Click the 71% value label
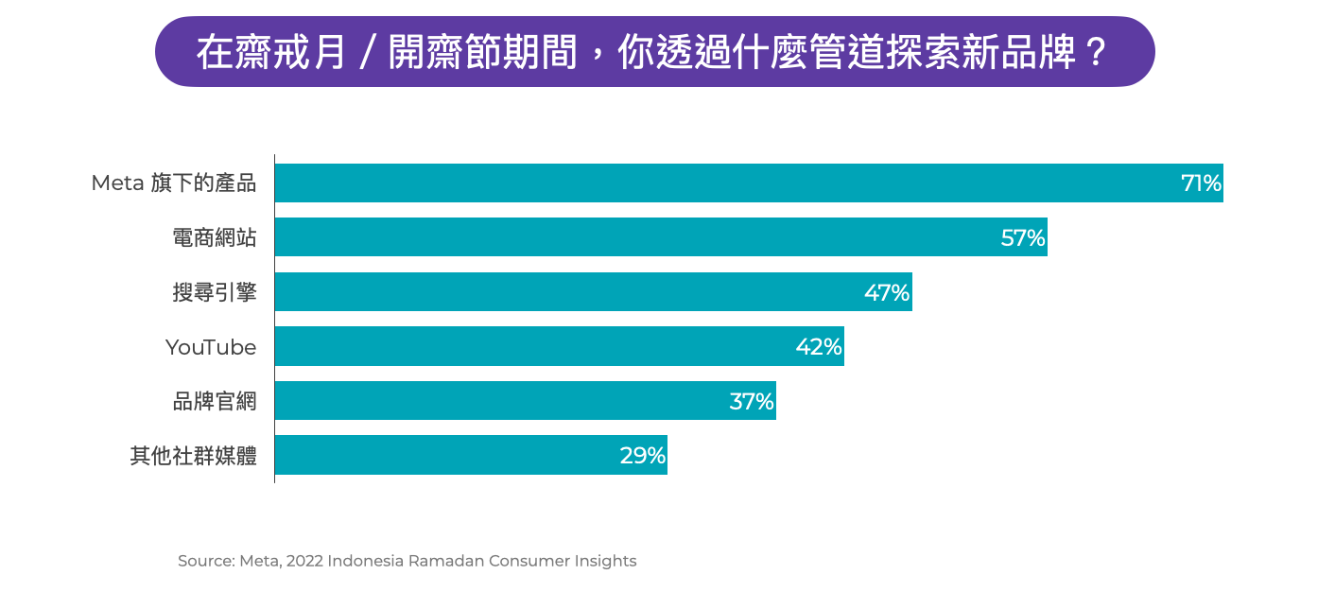[1201, 183]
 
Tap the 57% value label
[1023, 238]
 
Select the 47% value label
[887, 293]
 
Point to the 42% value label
[819, 347]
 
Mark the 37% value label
[752, 402]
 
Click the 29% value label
[643, 456]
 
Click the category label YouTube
[211, 347]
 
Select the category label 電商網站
[215, 238]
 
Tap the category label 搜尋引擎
[215, 293]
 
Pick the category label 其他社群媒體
[194, 456]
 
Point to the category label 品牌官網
[215, 402]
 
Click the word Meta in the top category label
[117, 183]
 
